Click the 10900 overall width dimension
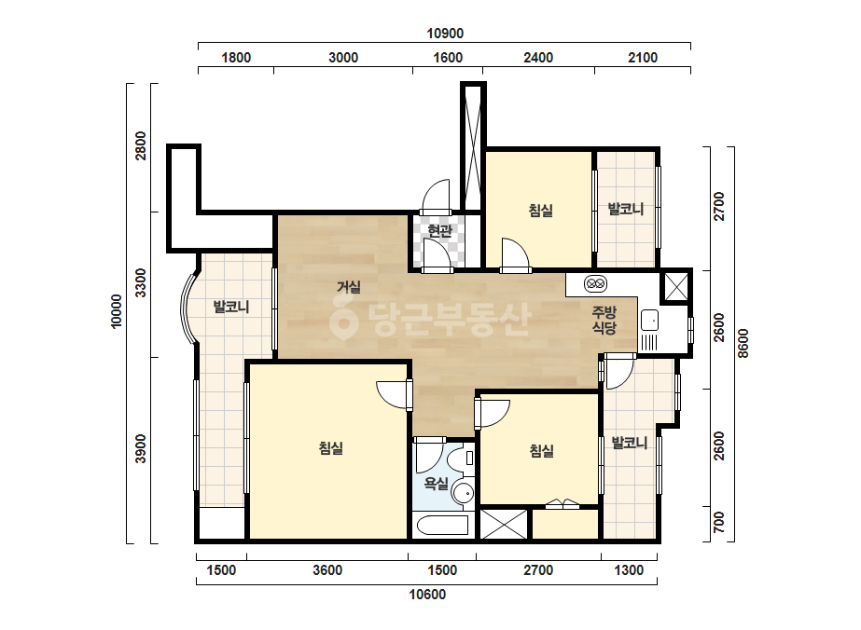[445, 34]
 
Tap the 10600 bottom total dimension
[427, 595]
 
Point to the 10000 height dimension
[117, 311]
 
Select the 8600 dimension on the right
[743, 344]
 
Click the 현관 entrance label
[439, 230]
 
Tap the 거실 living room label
[348, 286]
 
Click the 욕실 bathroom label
[436, 484]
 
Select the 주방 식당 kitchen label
[604, 320]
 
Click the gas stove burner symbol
[595, 283]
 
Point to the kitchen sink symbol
[649, 321]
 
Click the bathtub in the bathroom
[442, 526]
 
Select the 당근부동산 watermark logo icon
[343, 320]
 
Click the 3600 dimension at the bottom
[327, 570]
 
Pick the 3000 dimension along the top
[343, 58]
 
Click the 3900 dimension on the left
[141, 448]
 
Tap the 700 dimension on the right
[719, 522]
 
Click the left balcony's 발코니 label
[231, 307]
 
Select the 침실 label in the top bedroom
[540, 211]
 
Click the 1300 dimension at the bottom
[629, 570]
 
